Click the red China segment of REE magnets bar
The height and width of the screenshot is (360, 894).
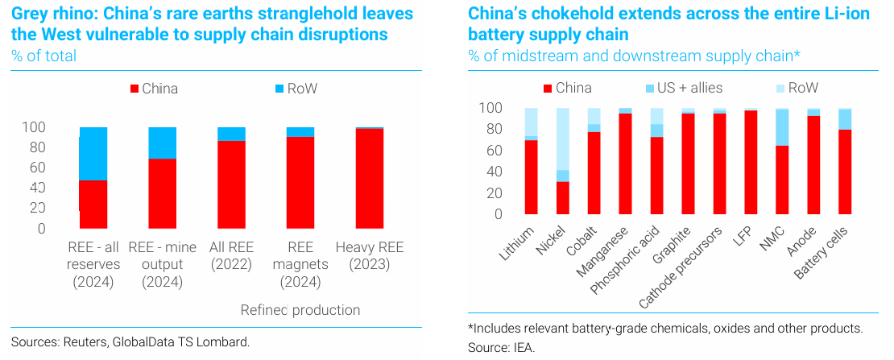(300, 182)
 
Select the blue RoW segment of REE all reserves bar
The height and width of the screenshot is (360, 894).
(93, 153)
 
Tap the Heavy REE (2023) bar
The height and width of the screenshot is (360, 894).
(370, 178)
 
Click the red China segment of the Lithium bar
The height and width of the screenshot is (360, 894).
(531, 177)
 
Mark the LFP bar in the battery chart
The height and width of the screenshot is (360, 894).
(751, 162)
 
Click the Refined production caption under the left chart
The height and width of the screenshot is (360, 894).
(300, 310)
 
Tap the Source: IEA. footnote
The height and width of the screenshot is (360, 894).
(501, 347)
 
